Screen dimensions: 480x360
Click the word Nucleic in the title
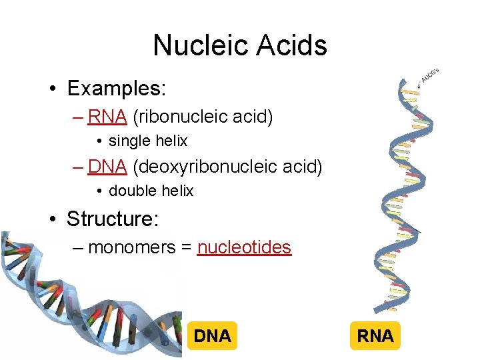tap(199, 46)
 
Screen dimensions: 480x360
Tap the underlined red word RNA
tap(107, 117)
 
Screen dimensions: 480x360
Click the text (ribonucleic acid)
tap(203, 117)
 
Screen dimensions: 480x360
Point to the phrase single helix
tap(148, 141)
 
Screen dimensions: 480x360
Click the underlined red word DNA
tap(107, 166)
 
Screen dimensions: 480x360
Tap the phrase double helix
tap(151, 191)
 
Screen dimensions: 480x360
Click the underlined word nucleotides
tap(245, 247)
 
